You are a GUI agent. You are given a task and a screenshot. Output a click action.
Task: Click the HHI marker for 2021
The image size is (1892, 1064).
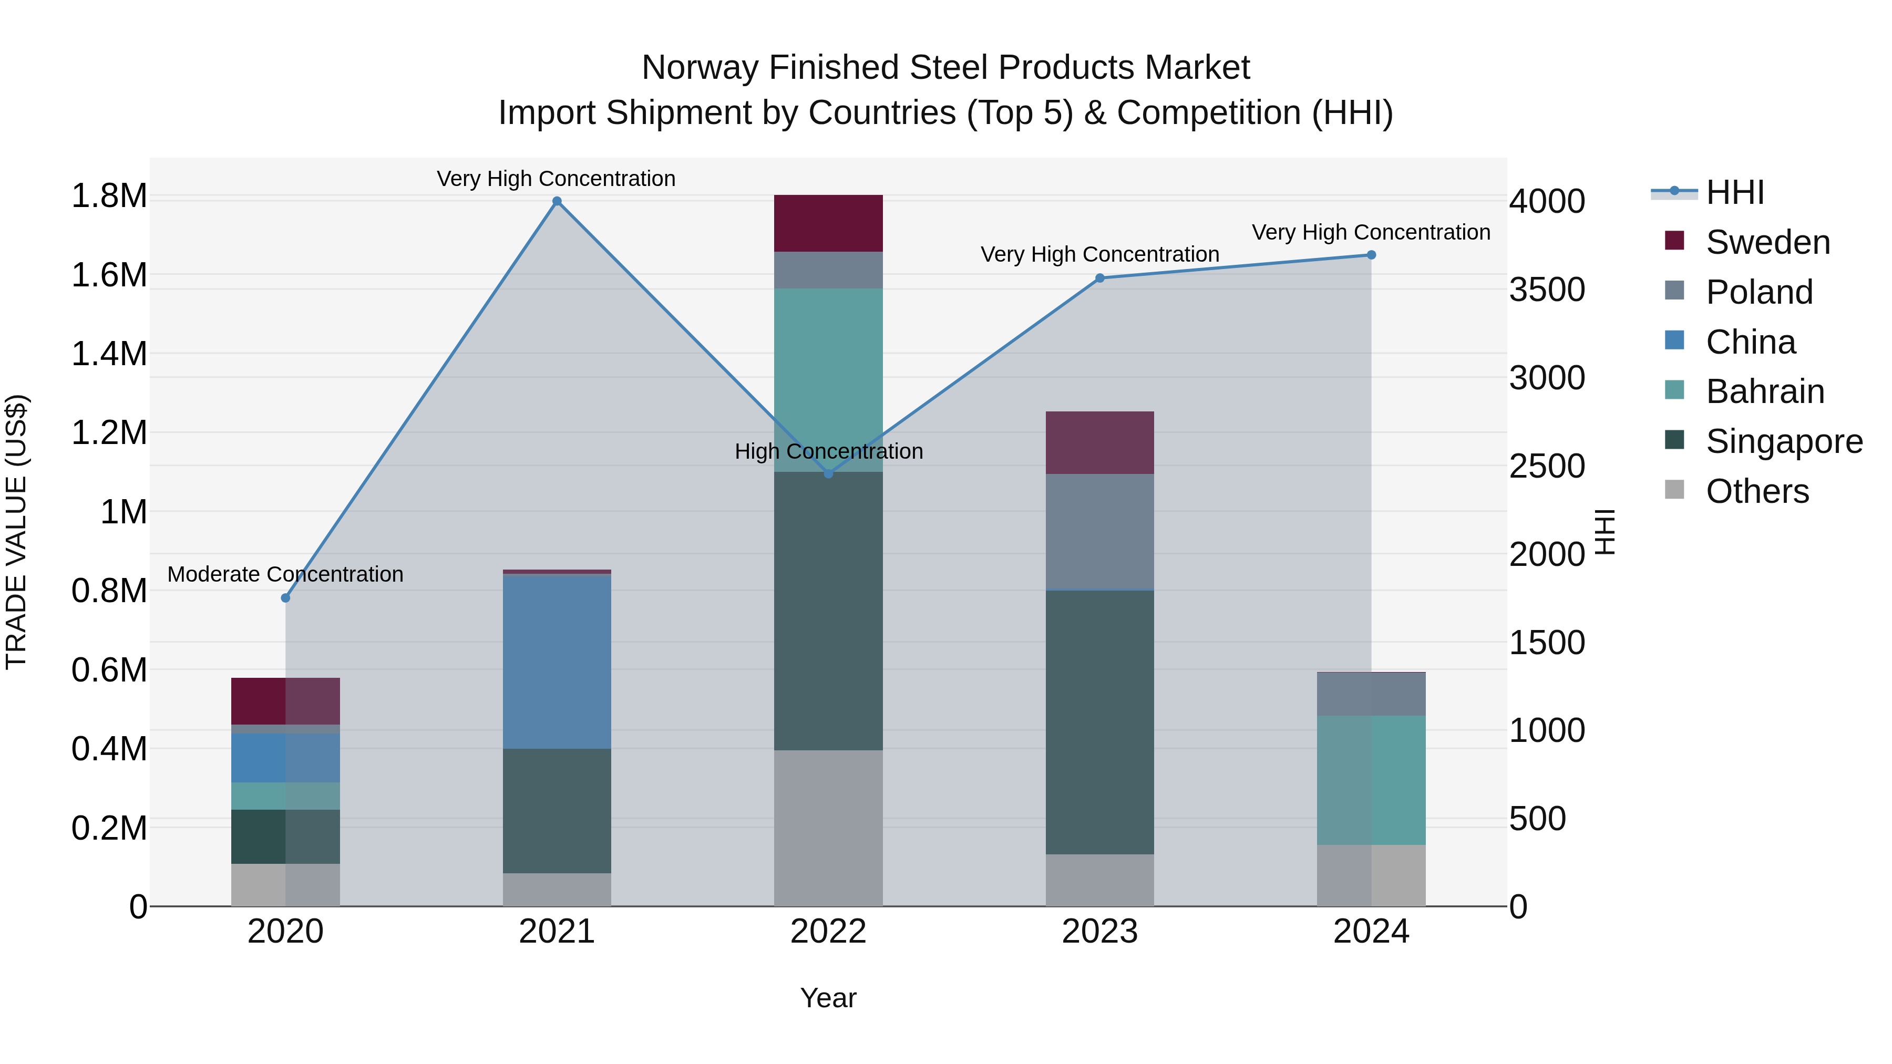(x=557, y=201)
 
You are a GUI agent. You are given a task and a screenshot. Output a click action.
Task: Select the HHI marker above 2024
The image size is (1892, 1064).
(x=1371, y=255)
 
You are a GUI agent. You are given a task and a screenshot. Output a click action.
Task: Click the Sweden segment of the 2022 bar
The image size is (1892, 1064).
(x=828, y=223)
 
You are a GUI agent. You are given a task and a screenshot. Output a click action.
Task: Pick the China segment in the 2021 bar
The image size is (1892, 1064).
(x=557, y=661)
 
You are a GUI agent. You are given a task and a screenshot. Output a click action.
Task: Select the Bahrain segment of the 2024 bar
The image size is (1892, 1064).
(x=1371, y=780)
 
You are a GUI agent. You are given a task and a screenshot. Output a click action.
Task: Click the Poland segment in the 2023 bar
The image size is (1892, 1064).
(x=1099, y=532)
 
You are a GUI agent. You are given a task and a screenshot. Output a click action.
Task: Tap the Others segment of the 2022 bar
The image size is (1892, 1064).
(x=828, y=828)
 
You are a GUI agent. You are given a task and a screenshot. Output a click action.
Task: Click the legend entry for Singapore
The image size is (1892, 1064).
(x=1783, y=441)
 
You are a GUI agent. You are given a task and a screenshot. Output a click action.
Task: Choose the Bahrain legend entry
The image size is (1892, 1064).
(x=1764, y=391)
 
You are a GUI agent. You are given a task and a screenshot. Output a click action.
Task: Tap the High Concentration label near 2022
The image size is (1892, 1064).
(x=828, y=451)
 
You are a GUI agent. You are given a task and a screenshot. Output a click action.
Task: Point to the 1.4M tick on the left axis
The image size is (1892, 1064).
(x=109, y=354)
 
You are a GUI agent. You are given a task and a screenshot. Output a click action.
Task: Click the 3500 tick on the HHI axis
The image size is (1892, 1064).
(x=1547, y=290)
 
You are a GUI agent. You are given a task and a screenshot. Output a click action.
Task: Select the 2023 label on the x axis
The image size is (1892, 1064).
(x=1099, y=932)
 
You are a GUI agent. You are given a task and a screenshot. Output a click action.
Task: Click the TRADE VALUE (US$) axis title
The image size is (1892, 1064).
(x=17, y=532)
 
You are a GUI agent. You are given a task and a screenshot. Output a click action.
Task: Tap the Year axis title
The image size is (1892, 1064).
(x=828, y=998)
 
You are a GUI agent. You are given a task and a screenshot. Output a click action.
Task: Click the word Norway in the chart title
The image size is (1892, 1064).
(x=700, y=68)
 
